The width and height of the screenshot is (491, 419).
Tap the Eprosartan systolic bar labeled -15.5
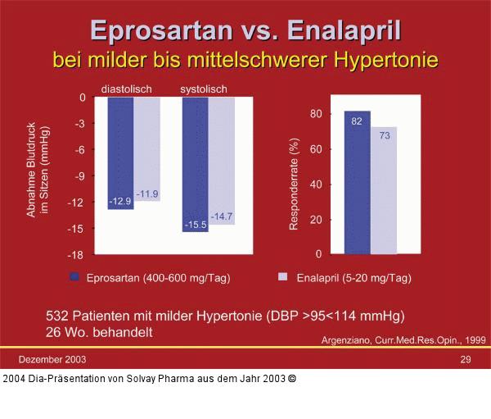coord(195,164)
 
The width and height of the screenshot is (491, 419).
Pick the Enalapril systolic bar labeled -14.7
coord(222,161)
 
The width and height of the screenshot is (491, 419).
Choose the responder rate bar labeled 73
coord(384,190)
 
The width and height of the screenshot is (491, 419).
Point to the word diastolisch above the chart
coord(126,89)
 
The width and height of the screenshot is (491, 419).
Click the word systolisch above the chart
coord(204,89)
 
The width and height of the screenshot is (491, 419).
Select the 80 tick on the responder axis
coord(315,114)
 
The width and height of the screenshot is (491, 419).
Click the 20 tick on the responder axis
coord(315,220)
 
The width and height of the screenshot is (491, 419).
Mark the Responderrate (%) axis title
coord(294,184)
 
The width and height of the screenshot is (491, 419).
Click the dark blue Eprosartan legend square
coord(75,277)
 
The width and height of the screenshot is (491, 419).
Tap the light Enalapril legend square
coord(283,277)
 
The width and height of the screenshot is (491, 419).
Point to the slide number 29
coord(466,360)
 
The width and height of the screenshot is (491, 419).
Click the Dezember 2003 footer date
coord(52,360)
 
